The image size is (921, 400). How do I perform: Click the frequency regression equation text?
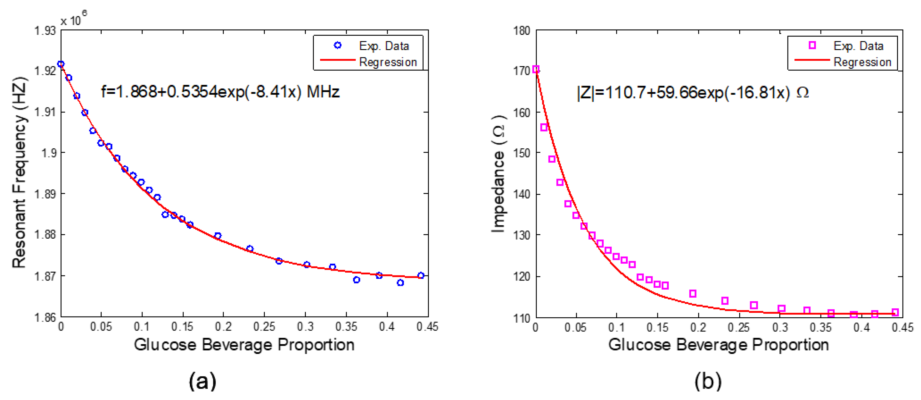(220, 92)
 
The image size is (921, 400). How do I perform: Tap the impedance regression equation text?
(693, 93)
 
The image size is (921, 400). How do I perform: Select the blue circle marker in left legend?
(337, 46)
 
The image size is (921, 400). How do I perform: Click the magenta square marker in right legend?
(812, 46)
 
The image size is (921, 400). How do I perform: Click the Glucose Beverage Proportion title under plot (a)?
(244, 345)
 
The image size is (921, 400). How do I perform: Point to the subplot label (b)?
(708, 381)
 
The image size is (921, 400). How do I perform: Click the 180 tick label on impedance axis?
(522, 31)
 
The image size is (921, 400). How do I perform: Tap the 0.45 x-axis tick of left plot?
(427, 327)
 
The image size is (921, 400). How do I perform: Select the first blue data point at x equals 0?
(61, 64)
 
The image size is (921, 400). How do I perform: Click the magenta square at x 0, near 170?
(536, 69)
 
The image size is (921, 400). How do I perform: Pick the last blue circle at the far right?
(421, 275)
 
